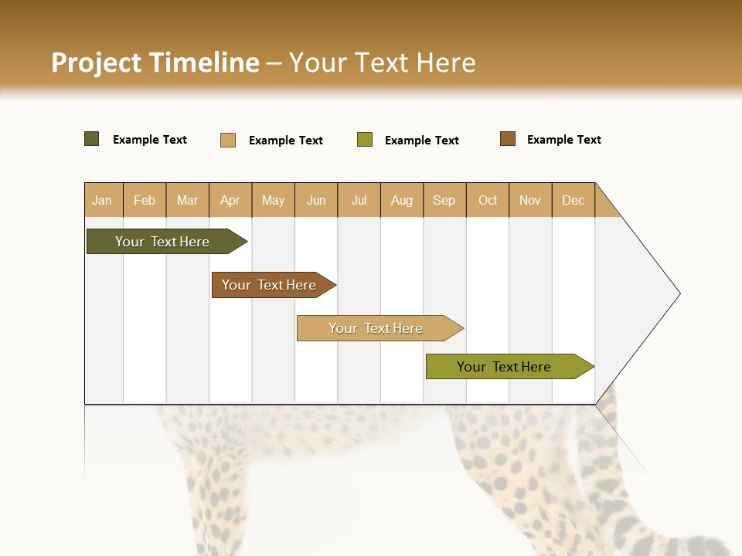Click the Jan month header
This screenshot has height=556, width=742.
(x=103, y=200)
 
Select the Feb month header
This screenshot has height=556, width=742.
(x=145, y=200)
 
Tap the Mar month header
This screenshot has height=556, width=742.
(x=187, y=200)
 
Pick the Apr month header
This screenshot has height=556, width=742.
(x=230, y=200)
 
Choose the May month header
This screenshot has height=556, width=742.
(x=273, y=200)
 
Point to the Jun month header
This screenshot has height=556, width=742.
(x=316, y=200)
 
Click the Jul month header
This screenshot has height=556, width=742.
(x=359, y=200)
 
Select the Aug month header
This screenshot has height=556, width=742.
(x=402, y=200)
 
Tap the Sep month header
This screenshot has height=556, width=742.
(x=444, y=200)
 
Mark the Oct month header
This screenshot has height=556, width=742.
(x=488, y=200)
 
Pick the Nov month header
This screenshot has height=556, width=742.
(x=530, y=200)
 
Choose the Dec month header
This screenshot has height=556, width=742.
(x=574, y=200)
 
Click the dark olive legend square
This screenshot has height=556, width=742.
(x=92, y=139)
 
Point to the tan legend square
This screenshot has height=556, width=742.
(x=228, y=140)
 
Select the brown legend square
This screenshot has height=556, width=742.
(x=508, y=139)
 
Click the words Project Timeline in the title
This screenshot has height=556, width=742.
(x=155, y=63)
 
